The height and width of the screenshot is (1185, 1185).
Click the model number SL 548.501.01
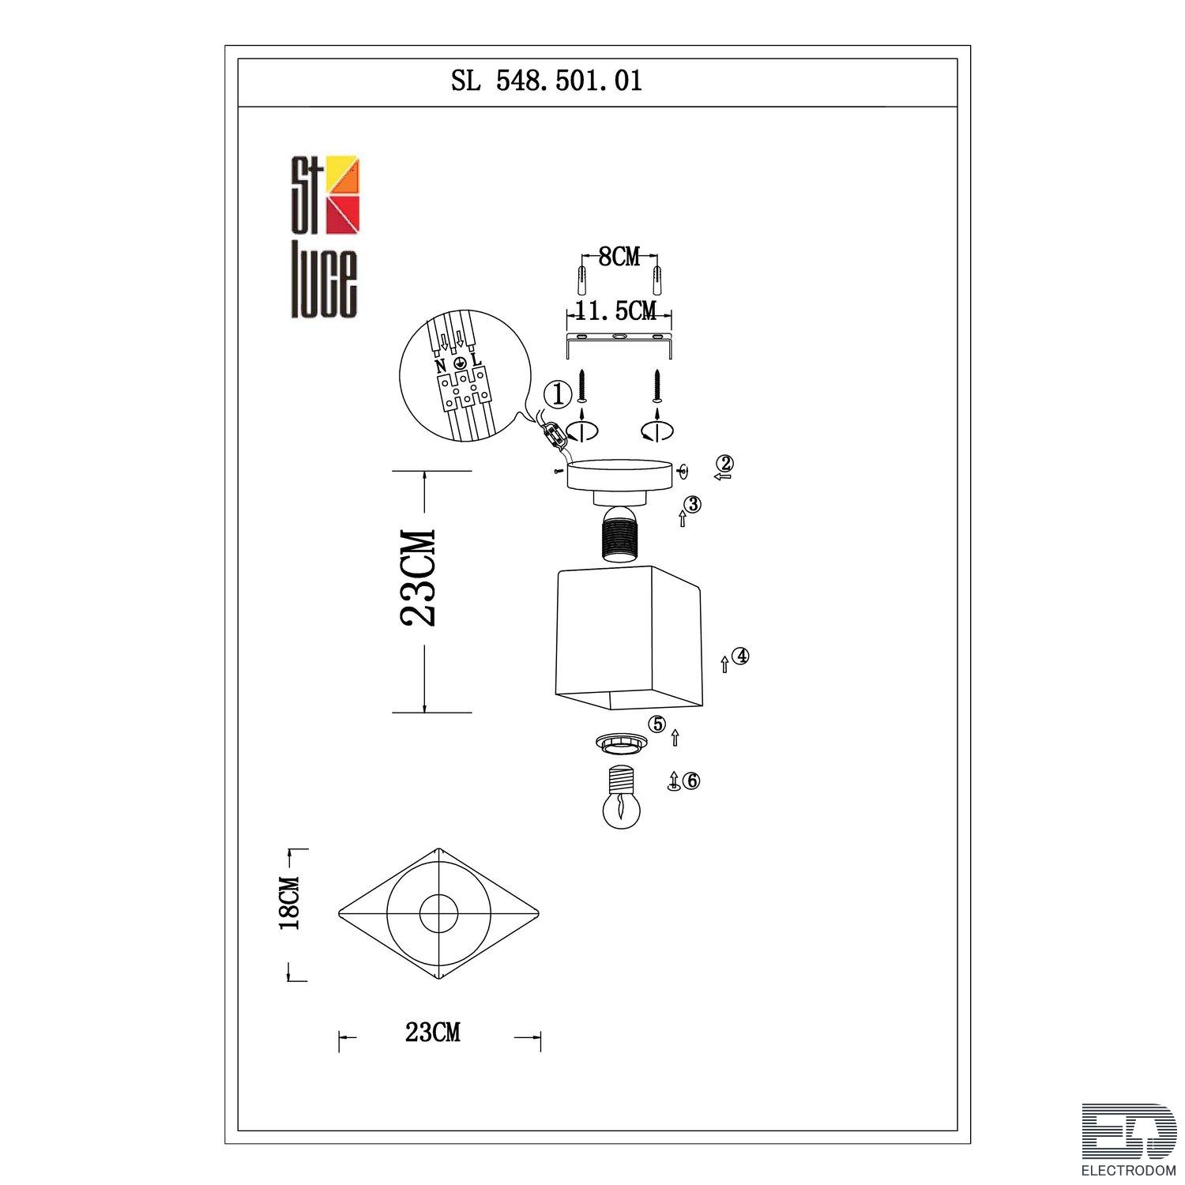pyautogui.click(x=547, y=81)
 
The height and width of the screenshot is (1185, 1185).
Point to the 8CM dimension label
pyautogui.click(x=619, y=257)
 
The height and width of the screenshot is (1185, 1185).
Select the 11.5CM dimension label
pyautogui.click(x=617, y=311)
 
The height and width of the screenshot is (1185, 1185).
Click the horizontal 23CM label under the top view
pyautogui.click(x=432, y=1033)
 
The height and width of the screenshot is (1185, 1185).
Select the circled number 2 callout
pyautogui.click(x=725, y=464)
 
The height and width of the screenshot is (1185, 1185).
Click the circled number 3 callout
pyautogui.click(x=693, y=503)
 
